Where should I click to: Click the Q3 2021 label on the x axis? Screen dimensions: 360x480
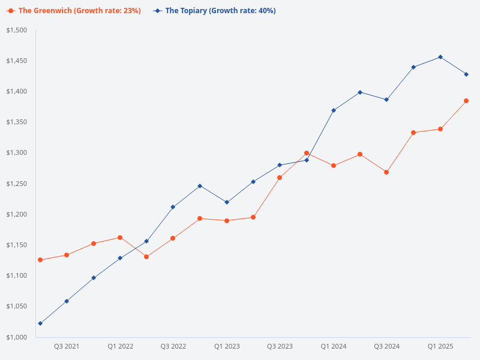tap(67, 346)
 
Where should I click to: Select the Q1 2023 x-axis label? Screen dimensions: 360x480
tap(227, 346)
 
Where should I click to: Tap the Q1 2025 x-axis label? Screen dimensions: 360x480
tap(440, 346)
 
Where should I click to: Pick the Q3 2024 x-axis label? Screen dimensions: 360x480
tap(387, 346)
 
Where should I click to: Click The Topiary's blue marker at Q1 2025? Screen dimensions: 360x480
tap(440, 57)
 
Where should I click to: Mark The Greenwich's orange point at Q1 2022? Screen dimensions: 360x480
tap(120, 238)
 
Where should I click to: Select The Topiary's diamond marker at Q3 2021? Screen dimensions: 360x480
tap(67, 301)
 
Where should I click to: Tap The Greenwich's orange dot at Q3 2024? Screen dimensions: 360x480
tap(386, 172)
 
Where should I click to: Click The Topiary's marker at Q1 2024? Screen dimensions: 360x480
tap(334, 110)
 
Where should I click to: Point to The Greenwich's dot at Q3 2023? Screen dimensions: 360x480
tap(280, 178)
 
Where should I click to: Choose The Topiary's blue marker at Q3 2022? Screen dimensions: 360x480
tap(173, 207)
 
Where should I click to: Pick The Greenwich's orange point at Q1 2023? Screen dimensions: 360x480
tap(227, 221)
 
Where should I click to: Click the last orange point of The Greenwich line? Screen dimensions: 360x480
tap(466, 101)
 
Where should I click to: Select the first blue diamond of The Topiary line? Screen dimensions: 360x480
tap(40, 323)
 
